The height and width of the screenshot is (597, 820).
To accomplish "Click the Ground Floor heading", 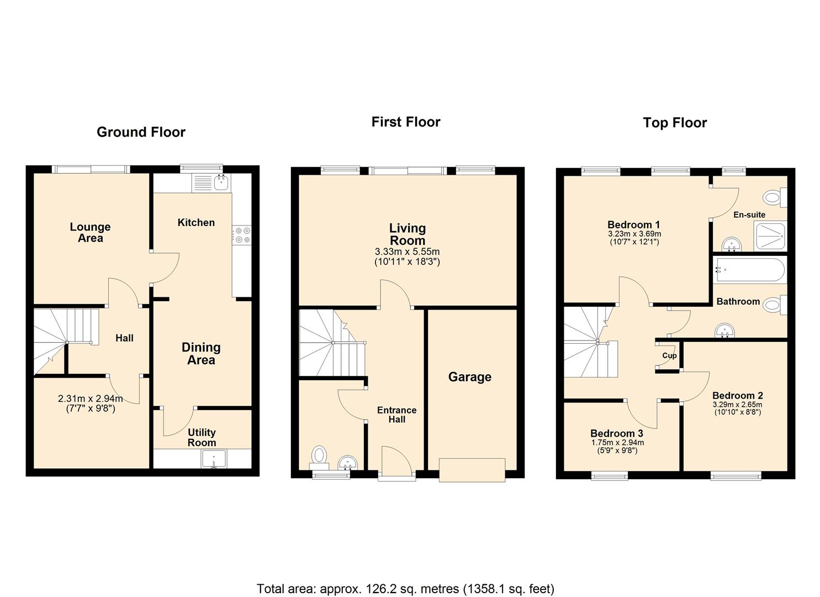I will (141, 132).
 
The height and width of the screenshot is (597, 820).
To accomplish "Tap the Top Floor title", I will (675, 123).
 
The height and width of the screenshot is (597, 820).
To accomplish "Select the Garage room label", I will (469, 377).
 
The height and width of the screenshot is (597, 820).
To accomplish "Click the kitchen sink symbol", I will (222, 182).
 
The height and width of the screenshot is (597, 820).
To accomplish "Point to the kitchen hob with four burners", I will (242, 235).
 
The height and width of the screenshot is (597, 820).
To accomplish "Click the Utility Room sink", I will (214, 459).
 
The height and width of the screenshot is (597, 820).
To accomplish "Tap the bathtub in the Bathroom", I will (749, 269).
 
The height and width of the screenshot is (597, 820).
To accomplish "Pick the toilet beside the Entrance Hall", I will (319, 456).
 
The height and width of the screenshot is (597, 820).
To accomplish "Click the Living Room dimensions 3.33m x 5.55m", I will (407, 252).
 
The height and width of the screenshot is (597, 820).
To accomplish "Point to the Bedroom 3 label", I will (617, 433).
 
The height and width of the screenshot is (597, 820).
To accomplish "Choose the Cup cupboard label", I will (669, 355).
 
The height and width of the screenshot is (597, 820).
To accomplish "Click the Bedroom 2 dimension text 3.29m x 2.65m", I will (737, 405).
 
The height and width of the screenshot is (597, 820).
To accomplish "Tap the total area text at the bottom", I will (405, 589).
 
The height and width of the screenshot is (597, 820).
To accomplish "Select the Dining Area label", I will (201, 353).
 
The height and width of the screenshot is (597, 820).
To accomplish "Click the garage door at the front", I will (472, 470).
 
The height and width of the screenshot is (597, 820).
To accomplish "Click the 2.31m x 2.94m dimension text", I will (91, 399).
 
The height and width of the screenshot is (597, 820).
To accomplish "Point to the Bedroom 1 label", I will (633, 224).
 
